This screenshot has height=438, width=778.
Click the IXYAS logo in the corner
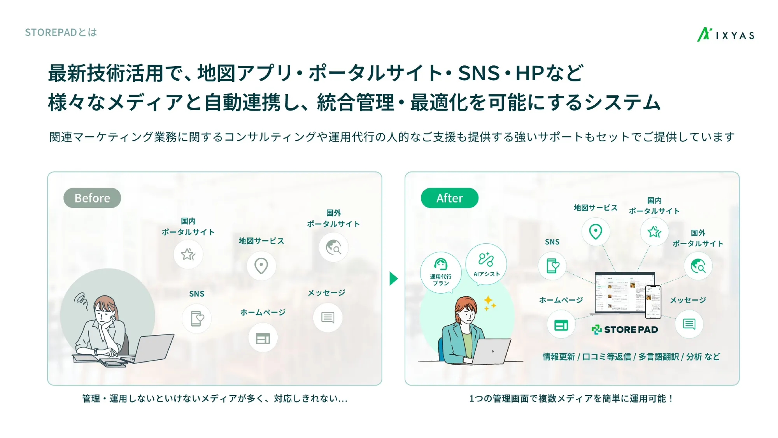pos(725,35)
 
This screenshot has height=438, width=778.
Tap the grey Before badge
pos(92,198)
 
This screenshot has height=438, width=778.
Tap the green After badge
pos(449,198)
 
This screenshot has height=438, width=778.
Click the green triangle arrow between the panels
pos(393,278)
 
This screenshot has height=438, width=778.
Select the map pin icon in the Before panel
pos(261,266)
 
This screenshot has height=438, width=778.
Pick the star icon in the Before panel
pos(188,254)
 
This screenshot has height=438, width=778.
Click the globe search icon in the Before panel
pos(333,247)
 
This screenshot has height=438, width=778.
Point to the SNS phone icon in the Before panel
pos(197,319)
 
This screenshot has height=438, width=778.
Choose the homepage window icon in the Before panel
pos(263,338)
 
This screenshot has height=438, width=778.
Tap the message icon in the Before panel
pos(328,318)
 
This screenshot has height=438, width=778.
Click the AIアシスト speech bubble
pos(486,264)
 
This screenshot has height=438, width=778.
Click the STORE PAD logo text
pos(625,330)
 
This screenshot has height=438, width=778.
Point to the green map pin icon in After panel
pos(596,232)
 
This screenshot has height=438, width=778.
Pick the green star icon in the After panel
pos(654,232)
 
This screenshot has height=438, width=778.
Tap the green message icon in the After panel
pos(689,324)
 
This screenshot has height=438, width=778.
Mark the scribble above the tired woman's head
pos(81,299)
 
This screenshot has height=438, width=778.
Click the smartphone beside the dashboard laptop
pos(653,302)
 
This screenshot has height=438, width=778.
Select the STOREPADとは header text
pos(61,32)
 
